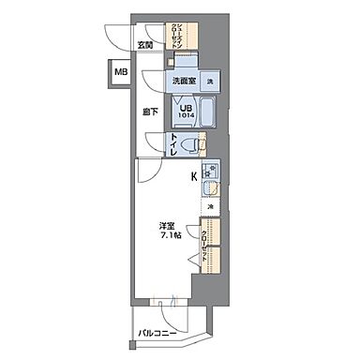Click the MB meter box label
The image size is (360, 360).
pos(121,71)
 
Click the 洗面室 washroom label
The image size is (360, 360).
pos(183,82)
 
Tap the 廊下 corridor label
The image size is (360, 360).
pos(150,113)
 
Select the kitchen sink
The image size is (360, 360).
pos(212,191)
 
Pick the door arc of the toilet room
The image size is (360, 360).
pos(155,142)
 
